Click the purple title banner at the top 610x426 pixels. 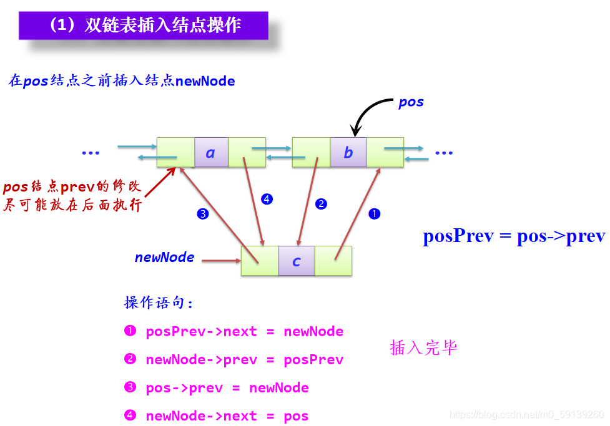coord(143,26)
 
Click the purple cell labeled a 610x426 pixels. coord(211,152)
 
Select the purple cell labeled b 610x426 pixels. coord(348,152)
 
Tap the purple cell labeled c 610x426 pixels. coord(297,261)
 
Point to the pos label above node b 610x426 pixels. coord(411,102)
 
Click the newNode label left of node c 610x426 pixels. coord(164,257)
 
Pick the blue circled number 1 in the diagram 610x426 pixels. coord(374,214)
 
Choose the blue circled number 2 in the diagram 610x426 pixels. coord(321,203)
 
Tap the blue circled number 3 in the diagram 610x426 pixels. coord(202,214)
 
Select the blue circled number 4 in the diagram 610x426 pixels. coord(267,200)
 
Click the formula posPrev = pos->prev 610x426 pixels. coord(513,236)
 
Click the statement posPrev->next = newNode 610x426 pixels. coord(244,331)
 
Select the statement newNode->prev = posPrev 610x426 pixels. coord(244,359)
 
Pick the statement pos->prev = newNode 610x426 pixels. coord(227,387)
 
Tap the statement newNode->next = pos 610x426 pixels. coord(227,415)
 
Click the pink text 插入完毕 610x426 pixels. coord(423,347)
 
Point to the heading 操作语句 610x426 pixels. coord(159,303)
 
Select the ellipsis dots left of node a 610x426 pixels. coord(91,153)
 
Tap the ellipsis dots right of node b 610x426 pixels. coord(444,153)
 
